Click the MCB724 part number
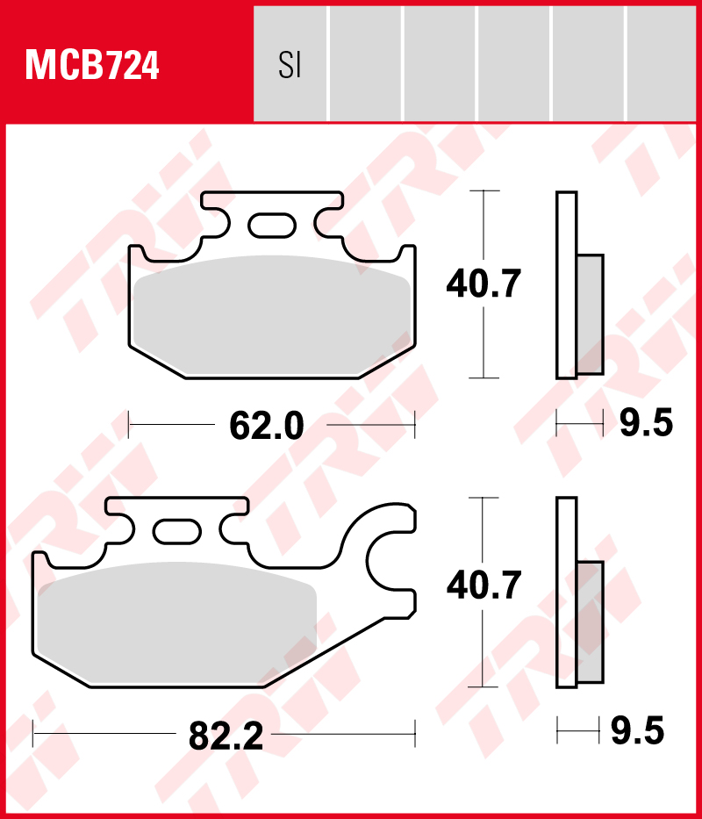(x=92, y=65)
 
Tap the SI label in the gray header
(x=290, y=66)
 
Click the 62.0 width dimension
(x=267, y=427)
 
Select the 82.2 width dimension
(x=226, y=736)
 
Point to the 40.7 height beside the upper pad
(x=484, y=284)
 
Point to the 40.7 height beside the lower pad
(x=484, y=585)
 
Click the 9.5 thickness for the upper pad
(x=646, y=423)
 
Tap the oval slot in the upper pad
(x=272, y=225)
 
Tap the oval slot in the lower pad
(x=176, y=531)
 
